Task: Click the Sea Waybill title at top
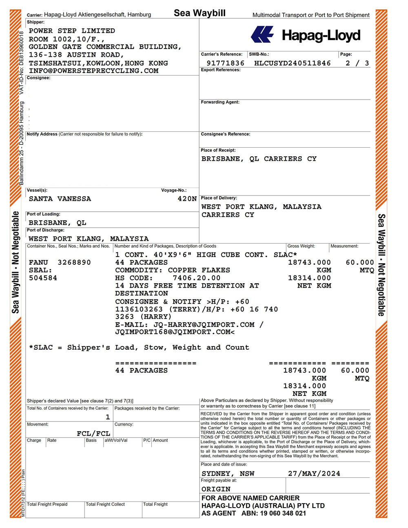tap(200, 13)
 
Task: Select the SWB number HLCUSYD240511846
tap(292, 63)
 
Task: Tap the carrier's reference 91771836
tap(226, 63)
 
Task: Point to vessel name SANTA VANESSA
tap(60, 199)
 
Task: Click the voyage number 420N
tap(187, 199)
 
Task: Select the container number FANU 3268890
tap(60, 262)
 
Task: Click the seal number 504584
tap(43, 278)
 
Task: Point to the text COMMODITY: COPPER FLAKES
tap(173, 270)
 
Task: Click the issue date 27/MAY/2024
tap(314, 473)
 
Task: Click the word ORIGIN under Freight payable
tap(216, 489)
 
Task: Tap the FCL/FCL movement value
tap(93, 433)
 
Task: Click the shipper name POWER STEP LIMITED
tap(72, 31)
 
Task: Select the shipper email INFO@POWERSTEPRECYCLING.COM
tap(93, 71)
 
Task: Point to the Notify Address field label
tap(42, 134)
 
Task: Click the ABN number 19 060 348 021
tap(282, 513)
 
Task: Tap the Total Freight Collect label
tap(105, 504)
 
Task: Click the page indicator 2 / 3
tap(357, 63)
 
